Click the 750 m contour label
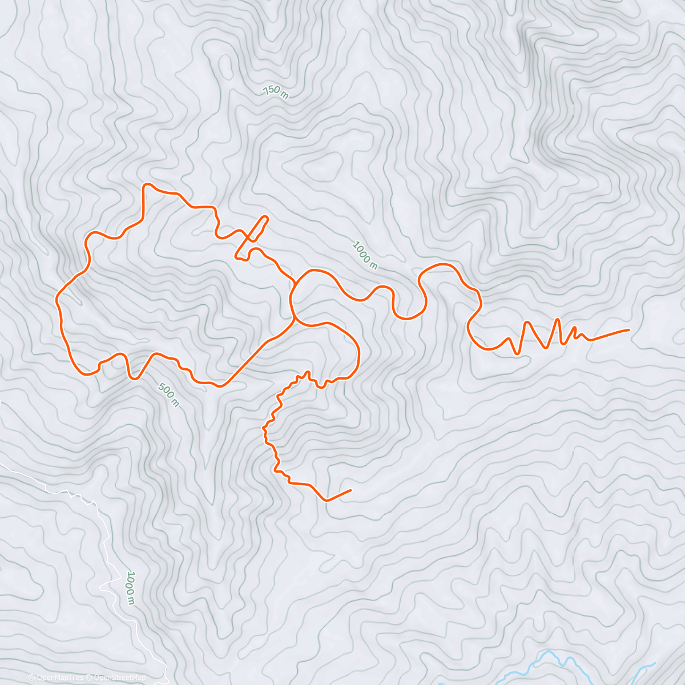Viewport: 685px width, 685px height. [276, 92]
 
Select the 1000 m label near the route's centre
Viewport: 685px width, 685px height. [365, 255]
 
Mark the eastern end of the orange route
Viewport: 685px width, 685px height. [628, 329]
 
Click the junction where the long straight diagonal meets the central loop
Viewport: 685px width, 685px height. [293, 320]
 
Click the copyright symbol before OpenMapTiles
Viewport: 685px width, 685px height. [31, 678]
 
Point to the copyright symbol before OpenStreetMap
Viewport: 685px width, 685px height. [88, 678]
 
